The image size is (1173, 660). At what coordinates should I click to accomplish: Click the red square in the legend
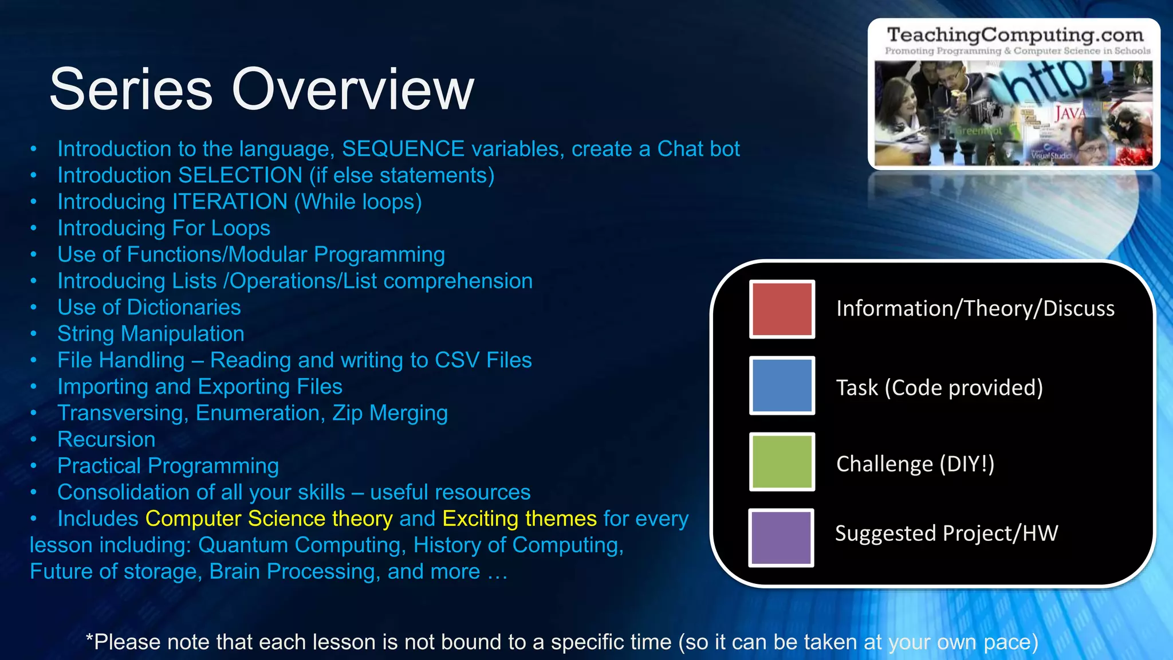pos(782,309)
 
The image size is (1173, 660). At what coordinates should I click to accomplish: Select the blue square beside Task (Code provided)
pos(782,386)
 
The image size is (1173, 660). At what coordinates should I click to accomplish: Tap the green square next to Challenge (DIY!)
pos(782,462)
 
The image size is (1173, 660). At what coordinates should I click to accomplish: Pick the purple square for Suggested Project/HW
pos(781,537)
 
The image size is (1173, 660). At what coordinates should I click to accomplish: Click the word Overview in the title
pos(353,89)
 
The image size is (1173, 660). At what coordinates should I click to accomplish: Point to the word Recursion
pos(107,439)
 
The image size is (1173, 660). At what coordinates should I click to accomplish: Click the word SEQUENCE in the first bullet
pos(403,149)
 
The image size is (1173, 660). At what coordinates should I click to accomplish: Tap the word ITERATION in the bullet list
pos(230,202)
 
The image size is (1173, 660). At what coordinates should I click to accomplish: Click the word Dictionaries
pos(184,308)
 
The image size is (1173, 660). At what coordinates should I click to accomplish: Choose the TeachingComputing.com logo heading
pos(1015,35)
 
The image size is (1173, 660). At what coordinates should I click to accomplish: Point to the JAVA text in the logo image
pos(1069,113)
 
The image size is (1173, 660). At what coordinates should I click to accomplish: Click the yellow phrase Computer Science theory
pos(269,518)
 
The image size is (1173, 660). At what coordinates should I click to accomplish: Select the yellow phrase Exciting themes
pos(519,518)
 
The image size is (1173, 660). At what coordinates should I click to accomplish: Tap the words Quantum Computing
pos(302,545)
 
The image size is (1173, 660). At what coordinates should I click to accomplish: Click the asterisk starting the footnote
pos(89,638)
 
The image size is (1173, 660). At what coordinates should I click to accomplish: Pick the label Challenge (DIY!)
pos(915,463)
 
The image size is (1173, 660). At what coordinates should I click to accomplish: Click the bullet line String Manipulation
pos(151,334)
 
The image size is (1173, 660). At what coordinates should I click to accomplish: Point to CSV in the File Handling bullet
pos(456,360)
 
